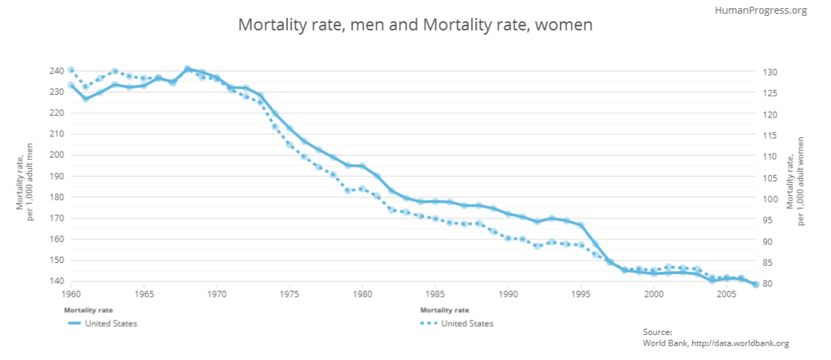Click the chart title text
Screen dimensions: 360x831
415,25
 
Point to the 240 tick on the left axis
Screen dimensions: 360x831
56,71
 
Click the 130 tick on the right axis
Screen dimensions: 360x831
774,72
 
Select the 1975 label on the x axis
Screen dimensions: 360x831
289,294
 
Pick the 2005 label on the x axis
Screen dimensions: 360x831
726,294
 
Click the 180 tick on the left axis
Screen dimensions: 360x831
56,197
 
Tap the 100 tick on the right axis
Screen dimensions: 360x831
774,199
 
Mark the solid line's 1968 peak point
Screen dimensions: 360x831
187,69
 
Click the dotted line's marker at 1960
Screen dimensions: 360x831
71,70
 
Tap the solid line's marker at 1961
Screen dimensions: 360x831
85,98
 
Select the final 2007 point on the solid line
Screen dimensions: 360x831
756,285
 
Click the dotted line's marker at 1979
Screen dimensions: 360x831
348,190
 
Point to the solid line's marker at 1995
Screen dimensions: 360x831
581,225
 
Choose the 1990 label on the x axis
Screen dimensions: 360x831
508,294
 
